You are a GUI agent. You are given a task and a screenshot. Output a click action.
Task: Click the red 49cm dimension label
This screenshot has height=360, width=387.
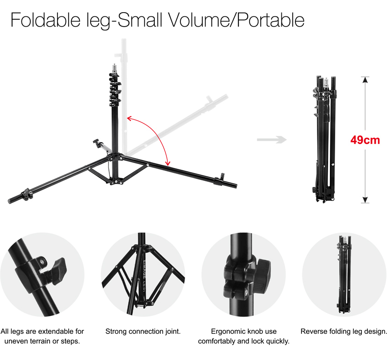coord(365,140)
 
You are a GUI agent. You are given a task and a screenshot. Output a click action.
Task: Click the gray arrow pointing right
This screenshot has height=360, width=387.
coord(272,139)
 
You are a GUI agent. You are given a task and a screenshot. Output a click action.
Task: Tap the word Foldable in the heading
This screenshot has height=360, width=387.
coord(45,20)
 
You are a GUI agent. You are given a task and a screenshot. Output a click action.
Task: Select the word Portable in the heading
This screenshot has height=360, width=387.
coord(271,20)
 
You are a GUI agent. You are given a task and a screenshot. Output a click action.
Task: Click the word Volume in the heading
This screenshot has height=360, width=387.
coord(199,20)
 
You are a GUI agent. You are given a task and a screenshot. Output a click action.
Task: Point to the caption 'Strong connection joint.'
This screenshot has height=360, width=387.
coord(143,331)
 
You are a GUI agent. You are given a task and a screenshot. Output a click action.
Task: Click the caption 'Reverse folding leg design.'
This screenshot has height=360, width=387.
coord(344,331)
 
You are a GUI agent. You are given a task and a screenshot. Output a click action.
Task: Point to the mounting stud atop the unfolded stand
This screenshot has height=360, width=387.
coord(114,68)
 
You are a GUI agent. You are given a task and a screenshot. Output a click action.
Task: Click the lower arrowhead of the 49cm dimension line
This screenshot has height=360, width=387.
coord(365,200)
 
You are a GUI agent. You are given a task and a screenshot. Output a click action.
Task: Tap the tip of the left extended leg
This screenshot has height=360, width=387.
coord(10,201)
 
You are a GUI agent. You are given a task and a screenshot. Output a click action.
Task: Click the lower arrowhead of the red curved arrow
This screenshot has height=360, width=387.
coord(168,163)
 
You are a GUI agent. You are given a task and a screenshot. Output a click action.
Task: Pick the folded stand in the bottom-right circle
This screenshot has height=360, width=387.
coord(344,274)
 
